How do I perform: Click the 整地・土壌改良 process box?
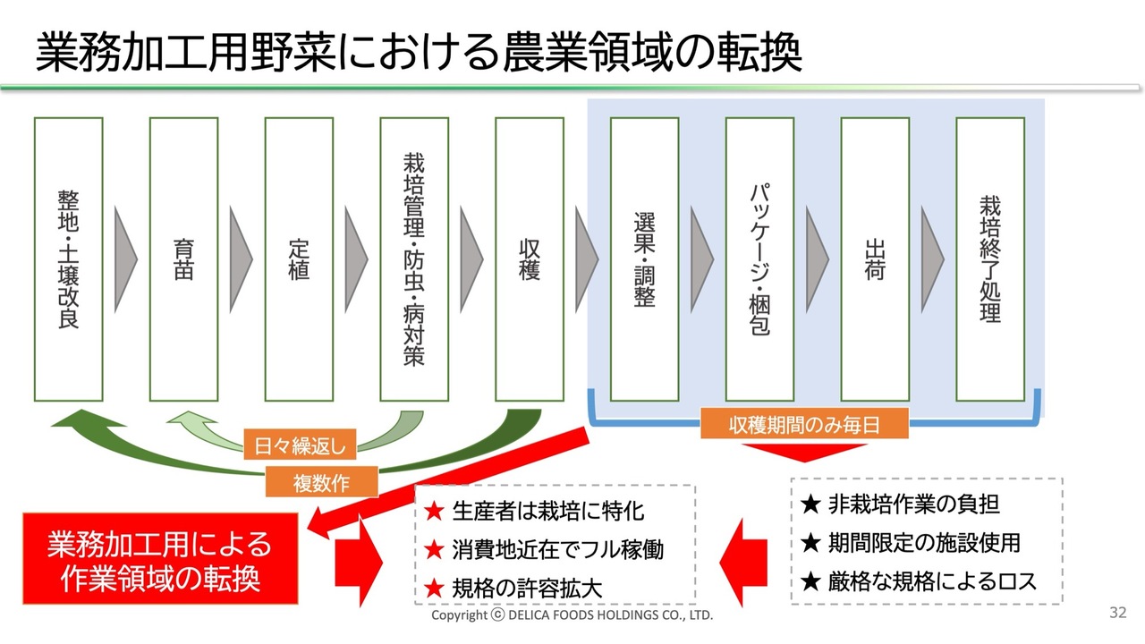(x=68, y=259)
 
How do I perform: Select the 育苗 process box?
(x=183, y=259)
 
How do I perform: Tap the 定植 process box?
(x=299, y=259)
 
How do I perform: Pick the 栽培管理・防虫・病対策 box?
(x=414, y=259)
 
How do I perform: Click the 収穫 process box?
(x=530, y=259)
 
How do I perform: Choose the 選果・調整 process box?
(x=644, y=259)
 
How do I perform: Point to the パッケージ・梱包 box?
(x=759, y=259)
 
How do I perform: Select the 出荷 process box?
(x=875, y=259)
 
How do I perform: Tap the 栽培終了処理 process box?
(x=990, y=259)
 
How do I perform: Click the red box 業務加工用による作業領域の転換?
(x=160, y=560)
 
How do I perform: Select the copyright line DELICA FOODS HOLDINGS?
(x=572, y=616)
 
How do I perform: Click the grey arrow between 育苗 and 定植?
(x=241, y=259)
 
